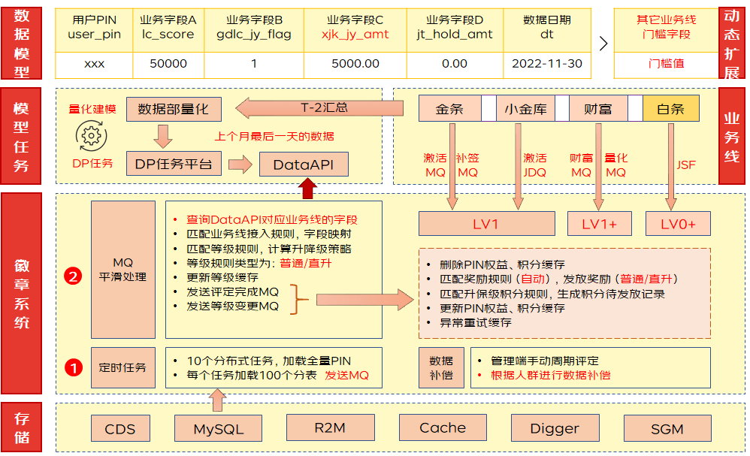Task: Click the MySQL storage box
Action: coord(218,429)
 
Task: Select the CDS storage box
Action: coord(120,429)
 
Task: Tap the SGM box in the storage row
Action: coord(667,429)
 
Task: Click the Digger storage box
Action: coord(555,428)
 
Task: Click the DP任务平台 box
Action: coord(173,163)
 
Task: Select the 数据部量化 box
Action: coord(174,109)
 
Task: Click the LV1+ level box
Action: coord(600,223)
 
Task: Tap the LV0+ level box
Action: coord(677,223)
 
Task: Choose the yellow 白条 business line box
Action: coord(670,109)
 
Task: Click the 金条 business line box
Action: coord(449,109)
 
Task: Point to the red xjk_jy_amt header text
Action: coord(355,34)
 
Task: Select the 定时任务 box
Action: coord(122,367)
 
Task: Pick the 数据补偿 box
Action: coord(441,367)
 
